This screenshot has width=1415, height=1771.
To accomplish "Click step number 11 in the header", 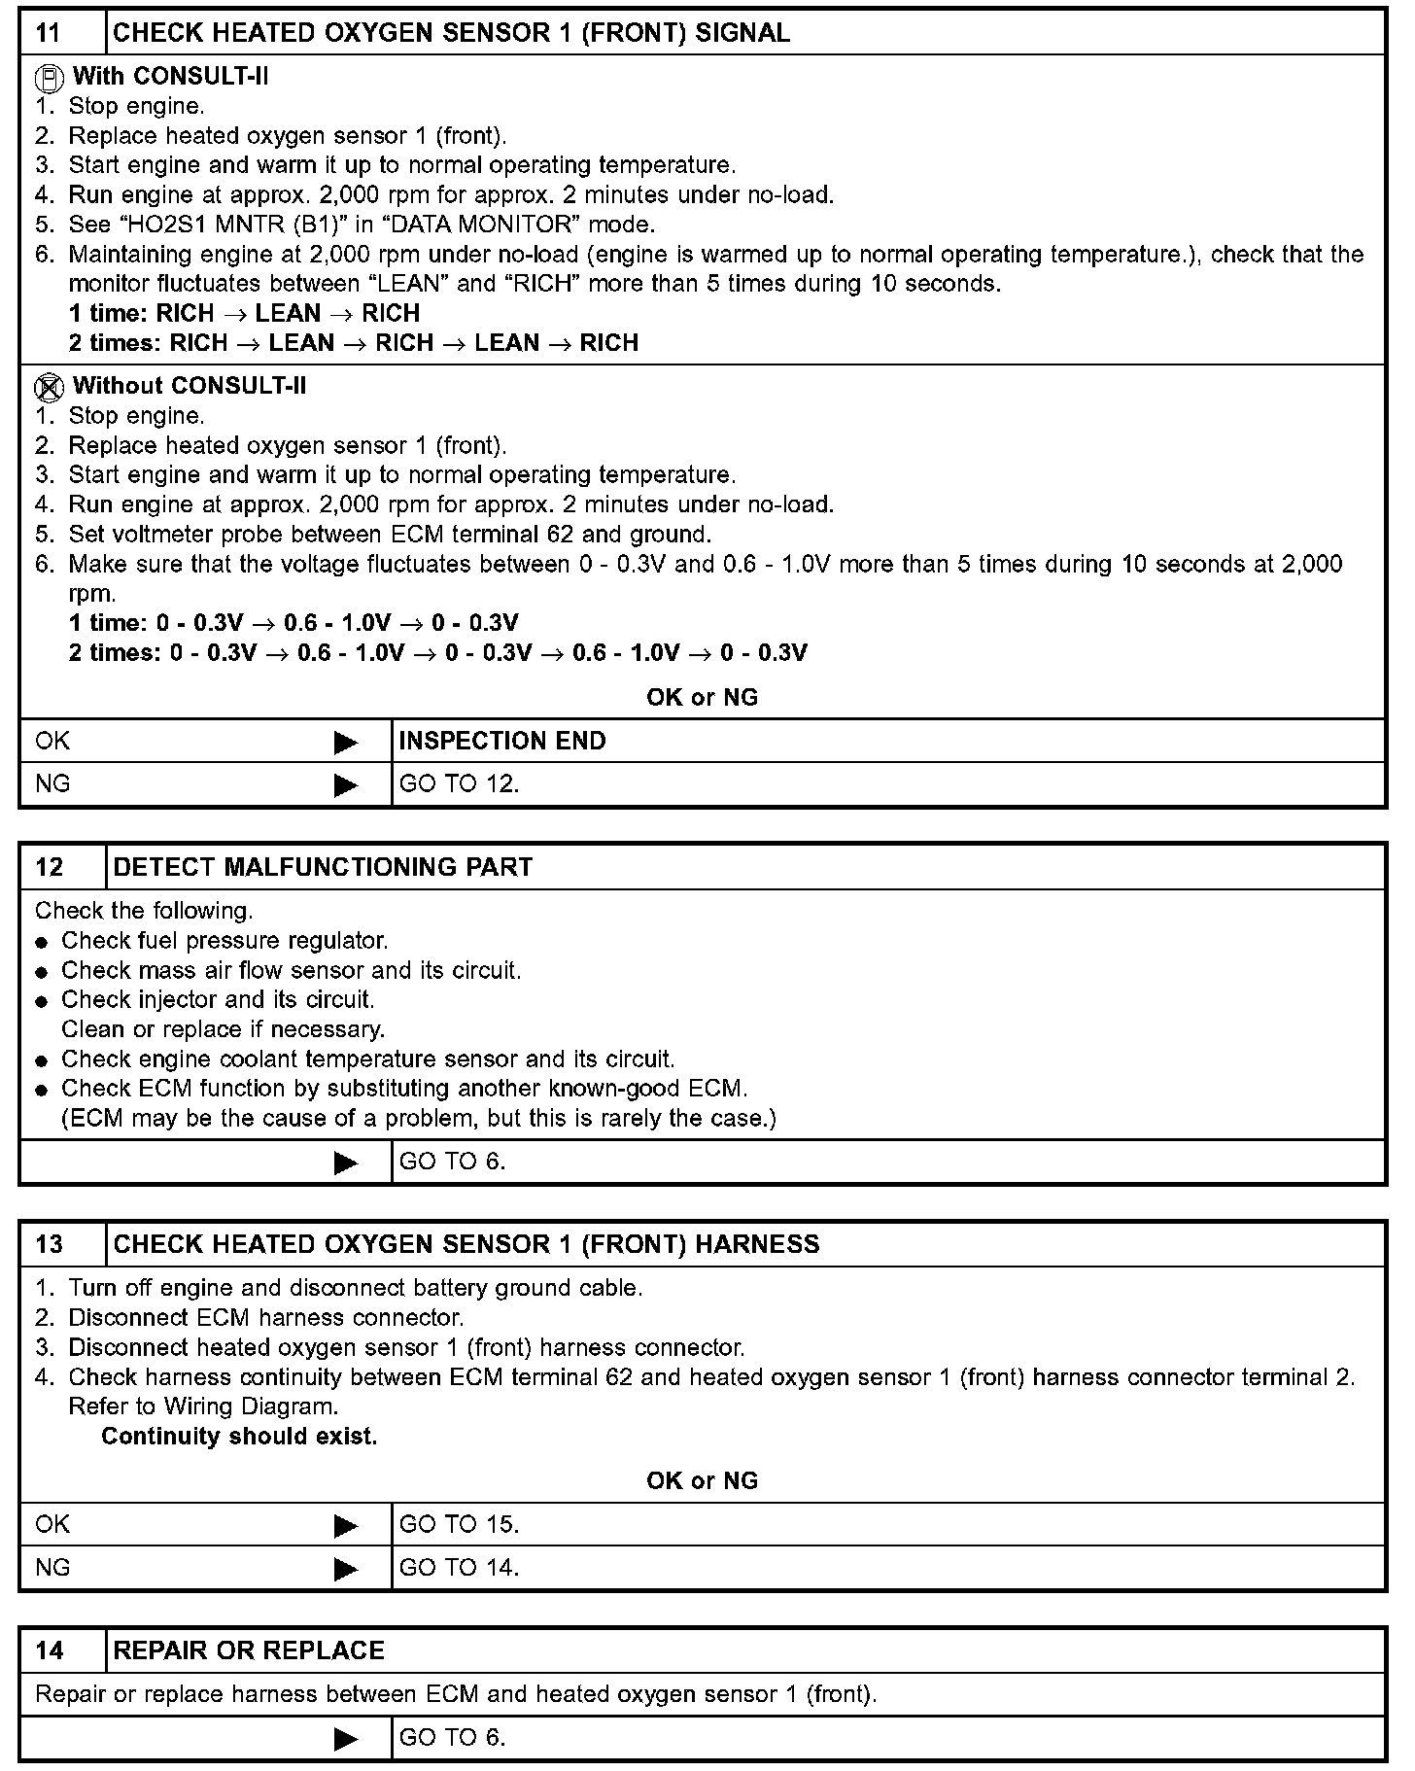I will [x=49, y=33].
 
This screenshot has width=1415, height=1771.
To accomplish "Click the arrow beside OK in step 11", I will [x=345, y=743].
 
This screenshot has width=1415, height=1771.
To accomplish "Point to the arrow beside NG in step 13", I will [x=345, y=1569].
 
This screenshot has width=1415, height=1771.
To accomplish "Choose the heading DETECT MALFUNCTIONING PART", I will [x=323, y=867].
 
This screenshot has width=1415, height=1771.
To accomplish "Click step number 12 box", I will [x=49, y=867].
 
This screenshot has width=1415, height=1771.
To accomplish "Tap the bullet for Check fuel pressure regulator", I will [x=41, y=943].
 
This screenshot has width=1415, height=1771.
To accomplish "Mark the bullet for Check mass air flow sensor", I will [x=41, y=972].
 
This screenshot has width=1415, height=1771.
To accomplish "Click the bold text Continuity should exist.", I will [x=239, y=1437].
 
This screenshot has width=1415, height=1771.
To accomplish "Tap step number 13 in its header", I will [x=49, y=1244].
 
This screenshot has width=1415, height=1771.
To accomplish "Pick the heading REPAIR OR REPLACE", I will [x=249, y=1650].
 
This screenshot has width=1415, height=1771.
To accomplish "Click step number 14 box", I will [x=49, y=1650].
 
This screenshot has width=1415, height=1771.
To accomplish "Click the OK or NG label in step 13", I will [x=702, y=1480].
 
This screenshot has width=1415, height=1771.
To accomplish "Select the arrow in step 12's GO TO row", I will [x=345, y=1163].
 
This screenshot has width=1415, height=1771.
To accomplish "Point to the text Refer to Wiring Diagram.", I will [x=203, y=1406].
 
